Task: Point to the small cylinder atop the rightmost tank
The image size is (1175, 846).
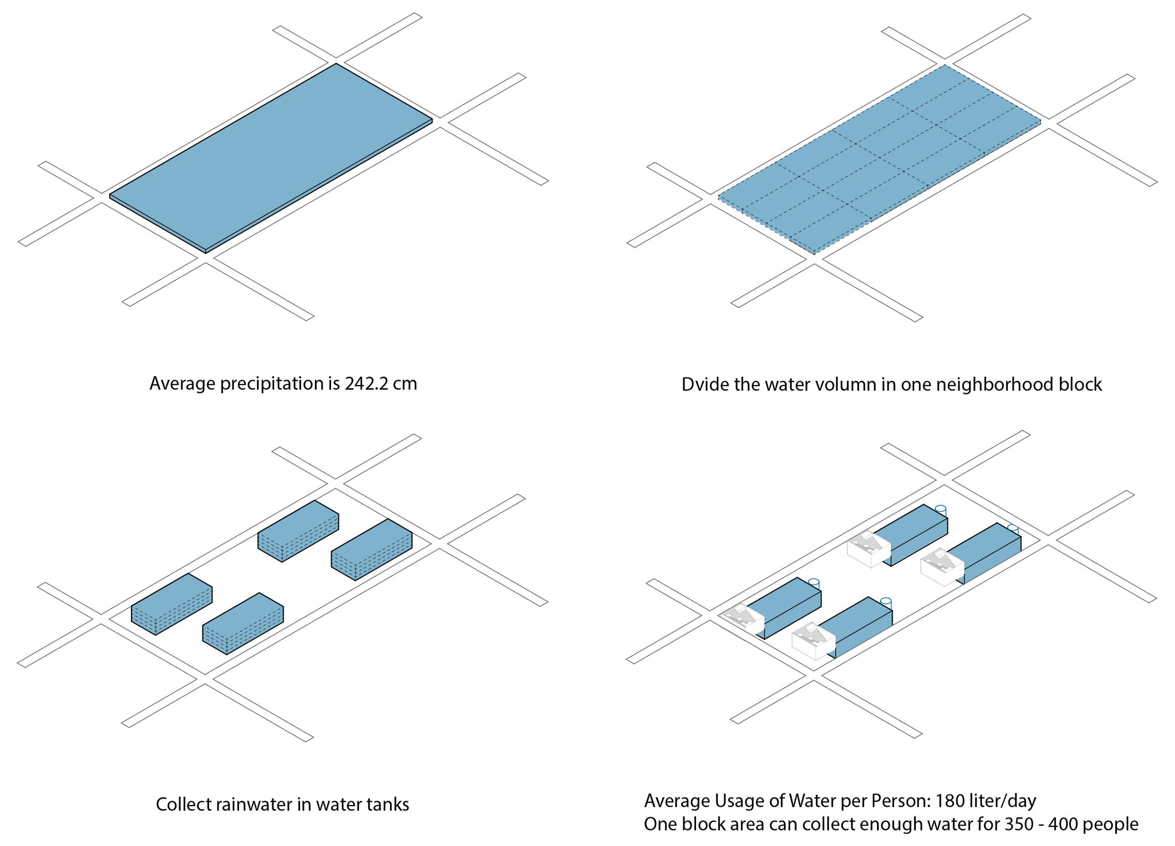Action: [1013, 529]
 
